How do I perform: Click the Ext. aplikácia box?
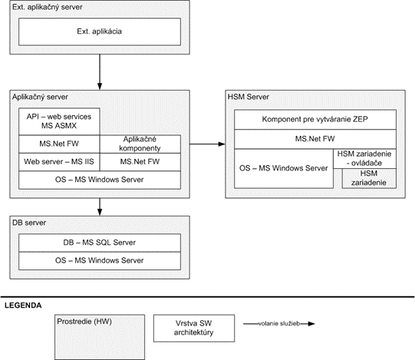[x=100, y=31]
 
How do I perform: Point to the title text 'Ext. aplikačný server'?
[x=47, y=7]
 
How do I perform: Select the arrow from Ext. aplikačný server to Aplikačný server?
[x=100, y=72]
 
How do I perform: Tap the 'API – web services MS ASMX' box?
[x=59, y=121]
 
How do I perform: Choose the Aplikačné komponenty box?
[x=140, y=144]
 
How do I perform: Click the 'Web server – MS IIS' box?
[x=59, y=162]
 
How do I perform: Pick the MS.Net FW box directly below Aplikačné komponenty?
[x=140, y=162]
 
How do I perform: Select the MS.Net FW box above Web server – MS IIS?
[x=59, y=144]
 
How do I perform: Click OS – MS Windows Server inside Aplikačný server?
[x=100, y=180]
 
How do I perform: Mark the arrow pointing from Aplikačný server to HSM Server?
[x=207, y=144]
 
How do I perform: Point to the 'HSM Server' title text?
[x=249, y=97]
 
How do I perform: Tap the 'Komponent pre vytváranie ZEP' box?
[x=315, y=120]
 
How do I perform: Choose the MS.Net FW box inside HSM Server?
[x=315, y=139]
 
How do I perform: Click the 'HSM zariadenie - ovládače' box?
[x=364, y=159]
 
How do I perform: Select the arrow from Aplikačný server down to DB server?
[x=100, y=207]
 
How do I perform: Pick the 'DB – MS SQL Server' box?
[x=100, y=243]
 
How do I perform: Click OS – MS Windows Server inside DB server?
[x=100, y=261]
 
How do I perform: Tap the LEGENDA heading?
[x=23, y=306]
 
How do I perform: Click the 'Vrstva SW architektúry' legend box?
[x=194, y=329]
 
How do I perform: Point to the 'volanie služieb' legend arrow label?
[x=279, y=323]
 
